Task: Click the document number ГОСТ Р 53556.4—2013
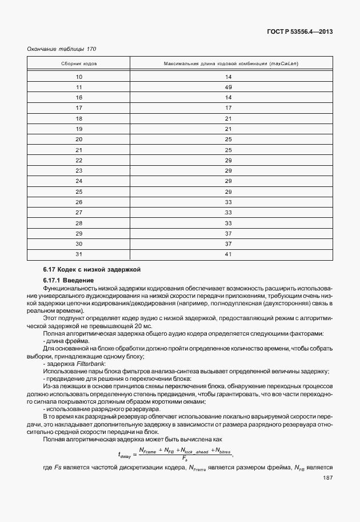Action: point(299,33)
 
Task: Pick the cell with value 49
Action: point(227,87)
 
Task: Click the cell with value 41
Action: point(227,254)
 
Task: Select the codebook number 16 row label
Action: point(79,97)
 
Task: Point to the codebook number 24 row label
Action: point(79,181)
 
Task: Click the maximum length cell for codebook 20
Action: point(227,139)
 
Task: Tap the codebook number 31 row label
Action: point(79,254)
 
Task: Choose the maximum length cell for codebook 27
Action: point(227,212)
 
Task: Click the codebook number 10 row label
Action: point(79,77)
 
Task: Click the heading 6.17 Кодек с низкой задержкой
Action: point(91,269)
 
